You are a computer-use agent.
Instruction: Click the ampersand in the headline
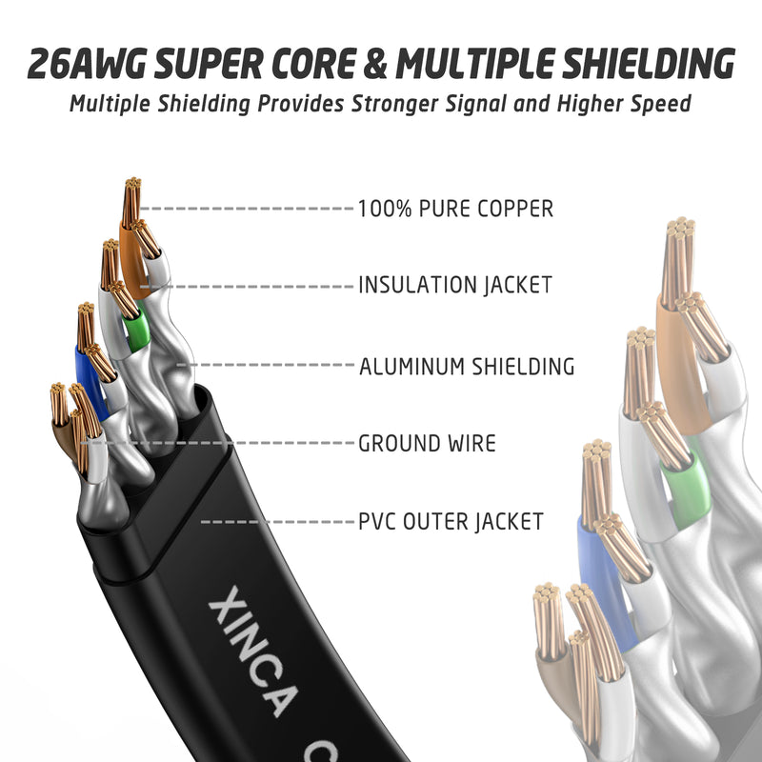tap(373, 64)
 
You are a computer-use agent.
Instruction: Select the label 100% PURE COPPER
tap(454, 209)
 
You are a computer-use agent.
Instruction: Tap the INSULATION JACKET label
tap(454, 285)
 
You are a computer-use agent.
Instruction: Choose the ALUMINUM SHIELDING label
tap(466, 366)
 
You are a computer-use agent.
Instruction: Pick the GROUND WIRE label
tap(426, 443)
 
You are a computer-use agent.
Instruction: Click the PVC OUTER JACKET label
tap(451, 522)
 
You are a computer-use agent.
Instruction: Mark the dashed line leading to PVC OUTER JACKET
tap(276, 522)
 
